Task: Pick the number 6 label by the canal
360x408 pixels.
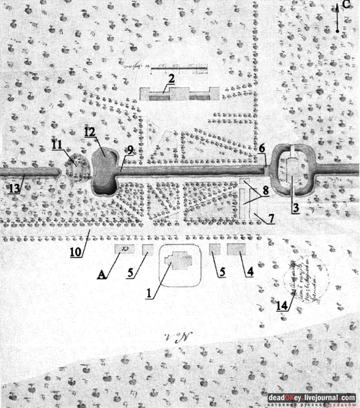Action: pos(262,148)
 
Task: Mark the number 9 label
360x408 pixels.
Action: pos(130,150)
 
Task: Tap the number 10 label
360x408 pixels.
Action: pos(76,252)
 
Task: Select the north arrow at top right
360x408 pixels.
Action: pos(338,18)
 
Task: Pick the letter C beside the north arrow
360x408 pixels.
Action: pos(345,5)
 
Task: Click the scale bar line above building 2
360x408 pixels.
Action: pos(179,69)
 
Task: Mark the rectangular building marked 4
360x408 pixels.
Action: pos(236,250)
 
